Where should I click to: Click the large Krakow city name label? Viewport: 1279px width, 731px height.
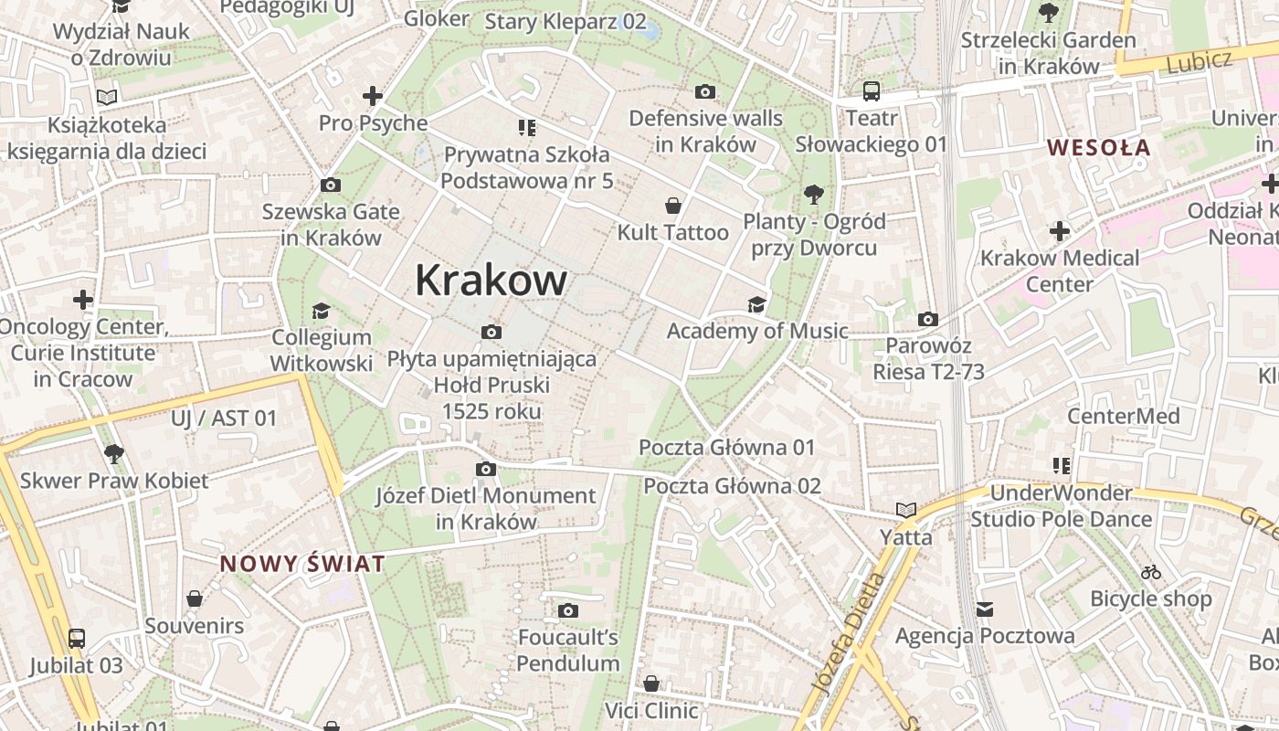[491, 281]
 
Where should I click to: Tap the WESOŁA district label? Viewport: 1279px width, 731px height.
[1098, 147]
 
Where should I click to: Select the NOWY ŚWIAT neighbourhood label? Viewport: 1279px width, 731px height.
[302, 564]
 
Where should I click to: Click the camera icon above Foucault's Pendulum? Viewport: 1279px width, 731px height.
[568, 610]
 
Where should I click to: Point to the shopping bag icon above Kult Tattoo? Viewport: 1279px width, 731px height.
[673, 205]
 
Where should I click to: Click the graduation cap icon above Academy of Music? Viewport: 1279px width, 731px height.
[756, 304]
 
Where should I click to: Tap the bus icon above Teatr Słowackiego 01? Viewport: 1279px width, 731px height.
[872, 91]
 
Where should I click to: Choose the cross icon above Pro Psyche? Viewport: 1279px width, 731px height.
[373, 95]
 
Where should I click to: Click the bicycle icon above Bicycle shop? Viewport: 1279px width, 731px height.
[1151, 572]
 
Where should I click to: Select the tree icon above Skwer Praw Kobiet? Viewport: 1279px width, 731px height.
[113, 453]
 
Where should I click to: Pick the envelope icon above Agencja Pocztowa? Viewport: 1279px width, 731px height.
[985, 609]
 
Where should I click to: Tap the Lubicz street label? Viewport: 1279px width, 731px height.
[1199, 61]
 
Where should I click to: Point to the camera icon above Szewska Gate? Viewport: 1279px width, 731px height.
[331, 185]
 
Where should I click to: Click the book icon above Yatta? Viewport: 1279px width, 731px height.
[906, 510]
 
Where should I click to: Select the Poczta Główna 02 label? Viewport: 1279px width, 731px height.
[733, 486]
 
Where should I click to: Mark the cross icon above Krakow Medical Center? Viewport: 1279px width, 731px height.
[1060, 231]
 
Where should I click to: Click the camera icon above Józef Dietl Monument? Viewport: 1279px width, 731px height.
[486, 469]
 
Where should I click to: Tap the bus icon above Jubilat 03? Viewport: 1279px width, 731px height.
[77, 638]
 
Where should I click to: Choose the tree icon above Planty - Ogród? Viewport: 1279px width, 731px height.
[813, 194]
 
